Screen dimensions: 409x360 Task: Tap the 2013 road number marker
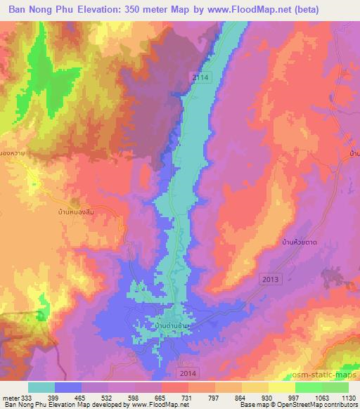(x=271, y=280)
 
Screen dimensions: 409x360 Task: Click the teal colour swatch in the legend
(x=41, y=387)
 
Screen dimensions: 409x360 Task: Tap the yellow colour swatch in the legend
(x=282, y=387)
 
